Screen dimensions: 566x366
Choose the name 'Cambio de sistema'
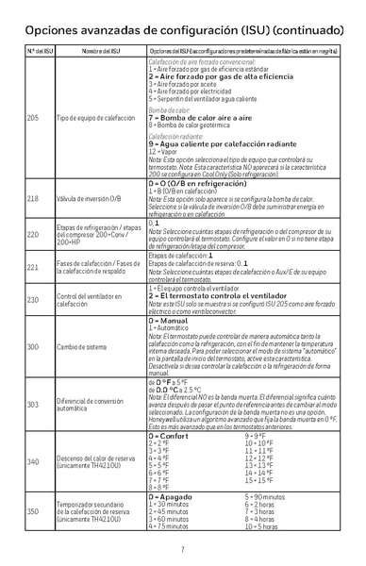[86, 348]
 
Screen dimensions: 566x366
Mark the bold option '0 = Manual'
[169, 322]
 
